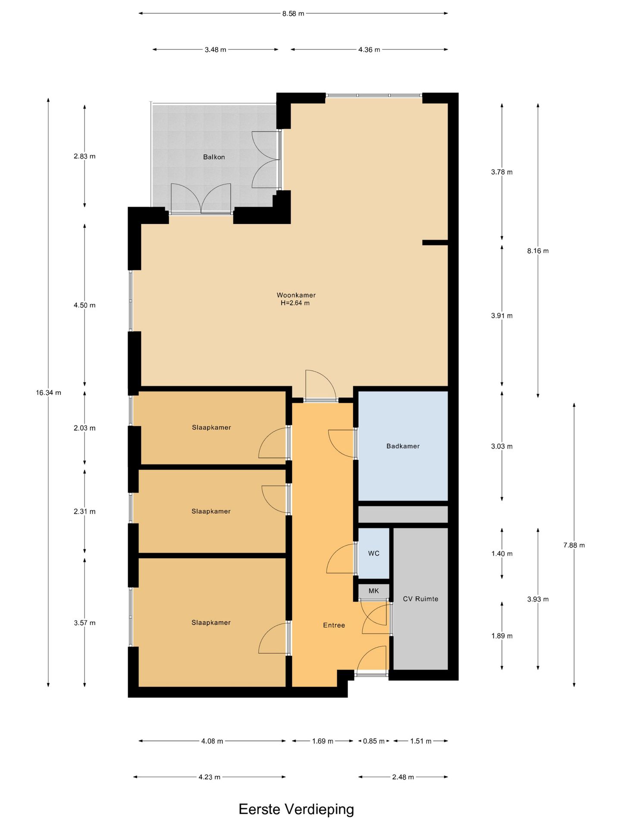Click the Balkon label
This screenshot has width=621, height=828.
(214, 157)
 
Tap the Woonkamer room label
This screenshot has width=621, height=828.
(296, 295)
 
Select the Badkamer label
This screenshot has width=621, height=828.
(403, 446)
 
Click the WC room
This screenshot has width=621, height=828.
(373, 553)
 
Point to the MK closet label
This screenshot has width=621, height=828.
(373, 591)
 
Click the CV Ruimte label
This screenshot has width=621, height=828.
(420, 599)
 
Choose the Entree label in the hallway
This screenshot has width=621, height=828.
(334, 625)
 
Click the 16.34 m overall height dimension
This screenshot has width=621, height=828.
(48, 392)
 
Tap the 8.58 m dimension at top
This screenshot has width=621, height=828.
(293, 13)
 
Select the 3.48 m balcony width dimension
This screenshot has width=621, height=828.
(215, 50)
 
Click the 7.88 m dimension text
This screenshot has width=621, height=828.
(574, 545)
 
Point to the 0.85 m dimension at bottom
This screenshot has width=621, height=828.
(373, 741)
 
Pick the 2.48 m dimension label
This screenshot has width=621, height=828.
(403, 777)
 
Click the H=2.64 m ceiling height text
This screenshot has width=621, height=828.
(295, 303)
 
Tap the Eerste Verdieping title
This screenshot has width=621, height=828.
(296, 809)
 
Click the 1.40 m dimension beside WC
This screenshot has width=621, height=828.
(502, 554)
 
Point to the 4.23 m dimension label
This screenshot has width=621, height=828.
(209, 777)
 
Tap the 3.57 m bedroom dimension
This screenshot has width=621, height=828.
(85, 623)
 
